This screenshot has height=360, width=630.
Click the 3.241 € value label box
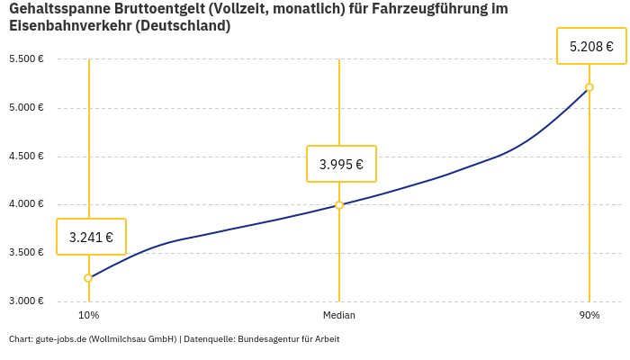tap(91, 238)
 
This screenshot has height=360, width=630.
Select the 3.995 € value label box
tap(341, 164)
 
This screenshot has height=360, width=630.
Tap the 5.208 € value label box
tap(591, 46)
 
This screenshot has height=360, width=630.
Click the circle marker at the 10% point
tap(88, 278)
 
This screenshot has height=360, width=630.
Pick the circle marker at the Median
tap(339, 205)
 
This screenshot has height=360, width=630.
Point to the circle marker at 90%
tap(589, 87)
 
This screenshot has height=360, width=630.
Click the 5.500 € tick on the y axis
tap(26, 59)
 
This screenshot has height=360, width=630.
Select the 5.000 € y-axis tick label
tap(26, 108)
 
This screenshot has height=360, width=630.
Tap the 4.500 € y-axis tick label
tap(26, 156)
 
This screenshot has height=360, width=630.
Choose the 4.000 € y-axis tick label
tap(26, 204)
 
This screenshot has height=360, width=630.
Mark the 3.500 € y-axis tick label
tap(26, 253)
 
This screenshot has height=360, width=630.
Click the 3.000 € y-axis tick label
tap(26, 301)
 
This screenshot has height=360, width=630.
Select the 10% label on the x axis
tap(88, 316)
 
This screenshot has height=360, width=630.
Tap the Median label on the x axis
tap(339, 316)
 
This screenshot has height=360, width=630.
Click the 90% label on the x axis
tap(589, 316)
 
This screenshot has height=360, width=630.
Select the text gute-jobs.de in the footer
tap(60, 339)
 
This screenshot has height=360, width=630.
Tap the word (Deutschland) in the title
tap(185, 26)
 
